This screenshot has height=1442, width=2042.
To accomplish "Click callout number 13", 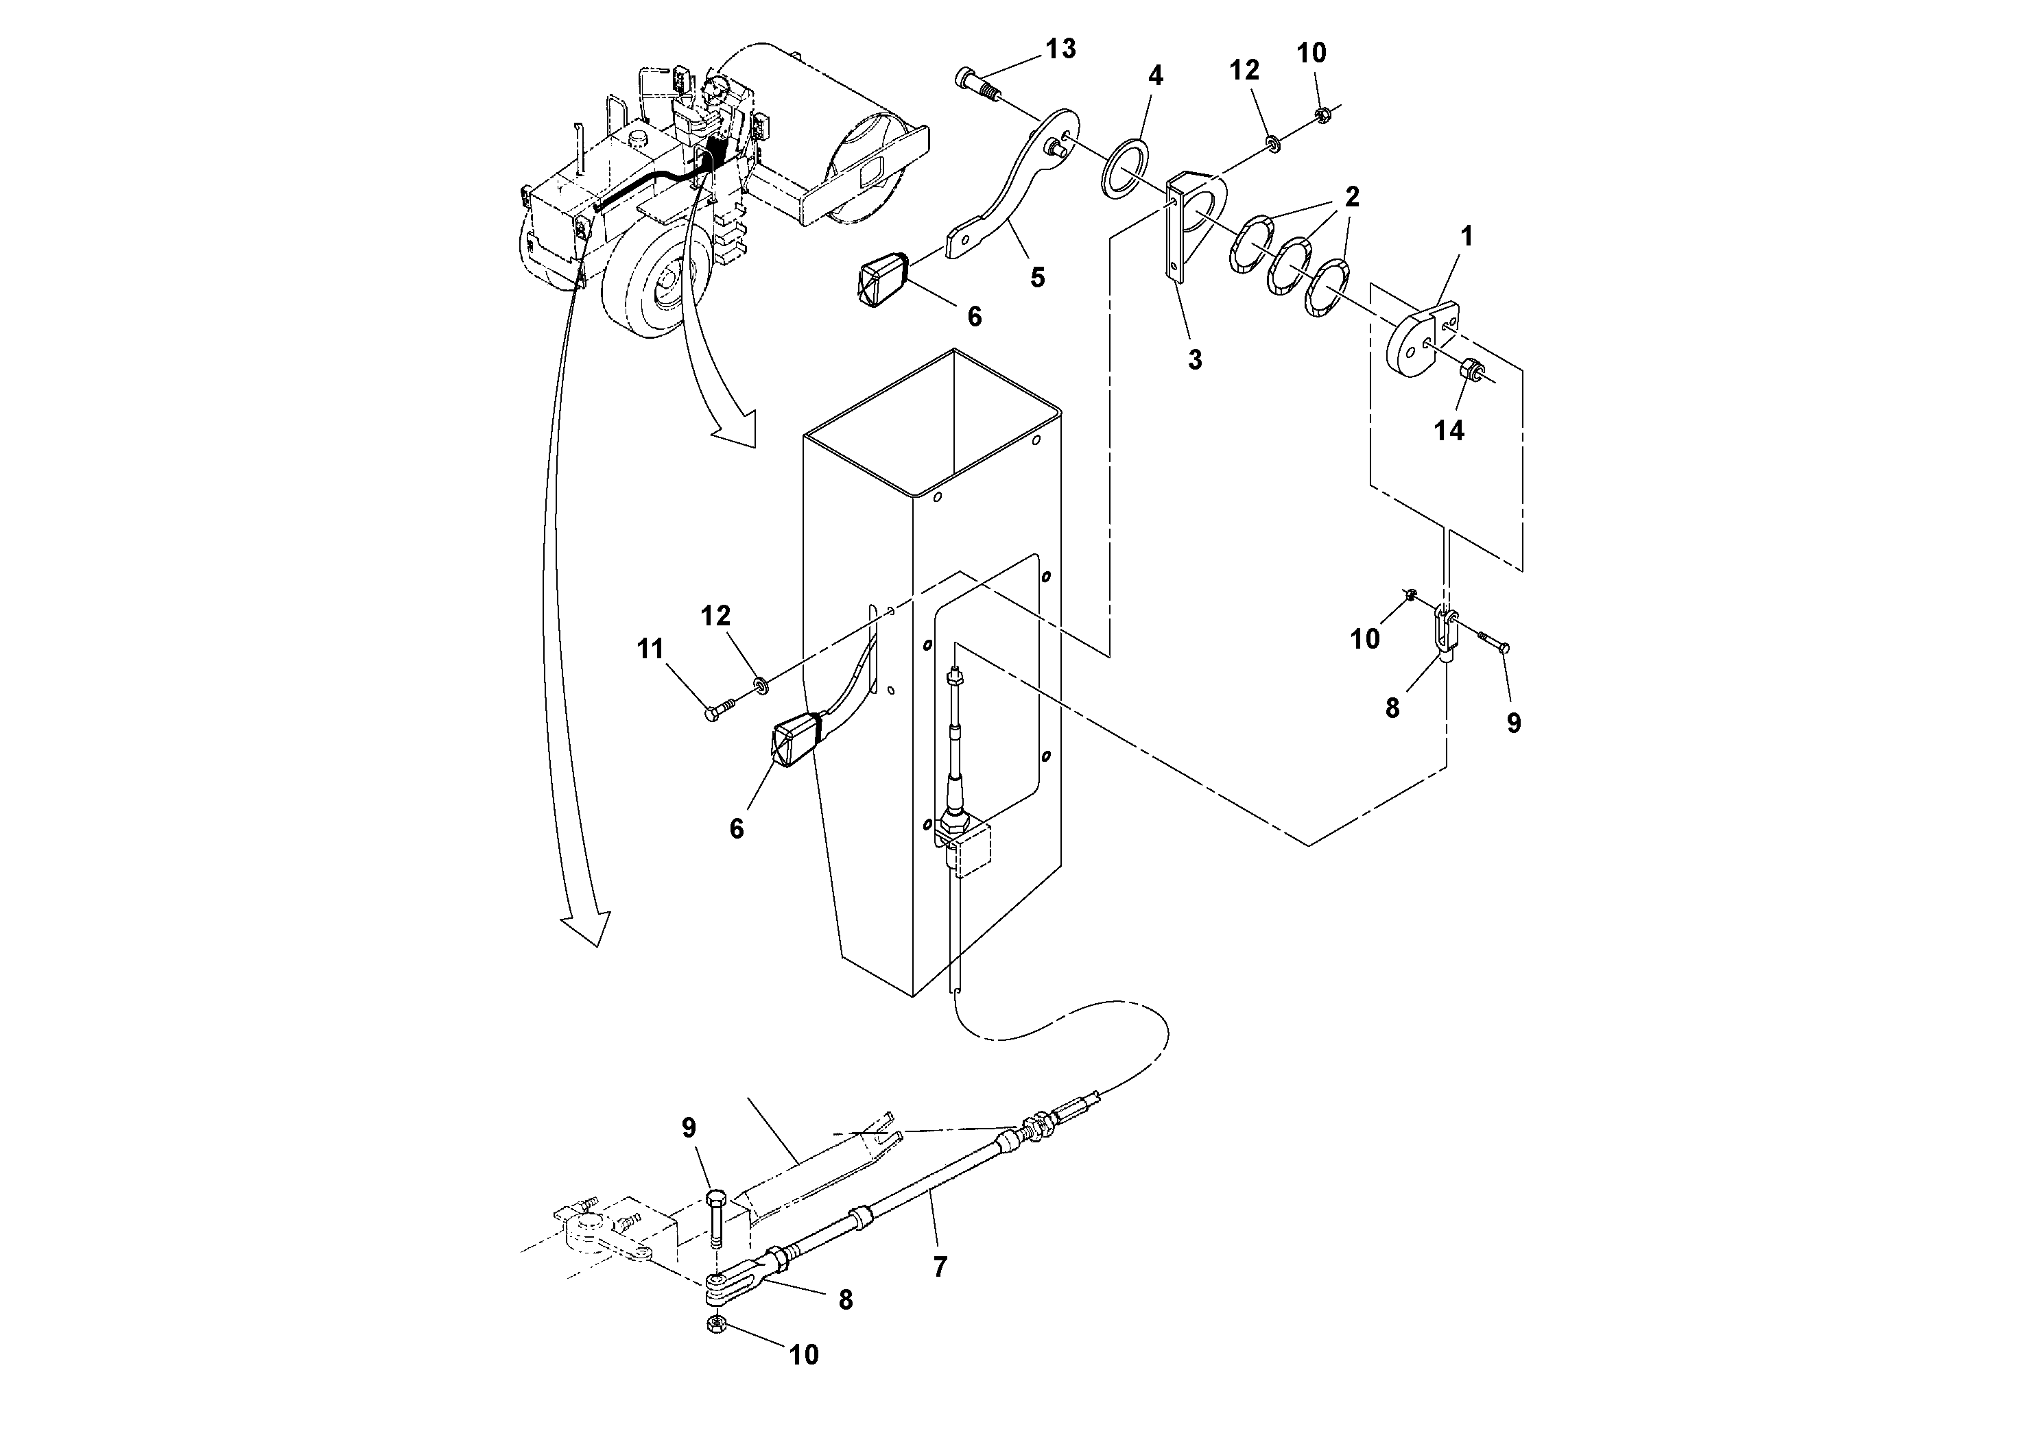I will click(1060, 49).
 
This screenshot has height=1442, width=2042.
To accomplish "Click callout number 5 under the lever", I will click(1037, 278).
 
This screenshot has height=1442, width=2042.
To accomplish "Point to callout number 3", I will click(1194, 359).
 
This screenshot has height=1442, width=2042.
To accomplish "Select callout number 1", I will click(1467, 237).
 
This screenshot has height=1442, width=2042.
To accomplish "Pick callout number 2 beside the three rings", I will click(1352, 197).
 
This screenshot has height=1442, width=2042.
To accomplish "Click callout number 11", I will click(650, 649).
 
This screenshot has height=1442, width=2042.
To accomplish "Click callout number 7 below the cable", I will click(940, 1267).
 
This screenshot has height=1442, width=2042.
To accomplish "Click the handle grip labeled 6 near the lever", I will click(882, 280).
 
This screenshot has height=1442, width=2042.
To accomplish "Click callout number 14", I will click(1449, 431).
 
